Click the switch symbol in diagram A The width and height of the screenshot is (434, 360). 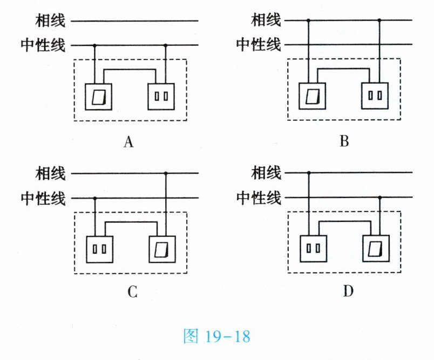pos(98,97)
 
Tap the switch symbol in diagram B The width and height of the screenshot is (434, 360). pos(312,97)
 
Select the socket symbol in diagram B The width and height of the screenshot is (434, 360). pos(376,97)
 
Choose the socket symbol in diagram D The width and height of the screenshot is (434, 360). pos(313,249)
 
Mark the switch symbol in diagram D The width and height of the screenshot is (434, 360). pos(376,249)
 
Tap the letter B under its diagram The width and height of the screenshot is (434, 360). pos(344,142)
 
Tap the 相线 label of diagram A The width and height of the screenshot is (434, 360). pos(50,22)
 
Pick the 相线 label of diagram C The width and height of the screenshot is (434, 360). pos(50,174)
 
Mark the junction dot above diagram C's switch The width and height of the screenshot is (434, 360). pos(165,174)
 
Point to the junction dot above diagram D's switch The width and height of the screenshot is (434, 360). pos(379,198)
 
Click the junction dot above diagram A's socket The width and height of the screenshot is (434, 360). pos(165,45)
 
